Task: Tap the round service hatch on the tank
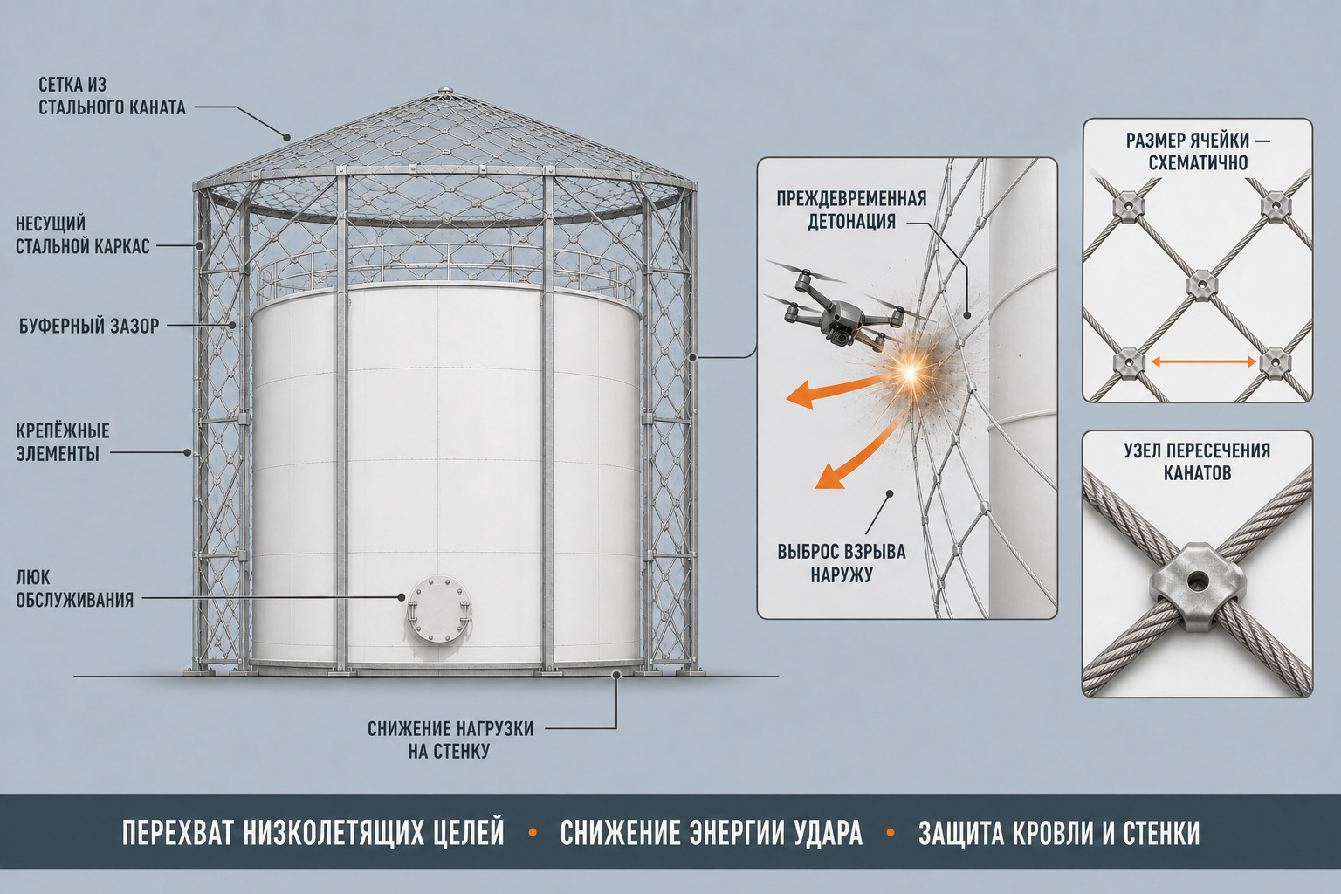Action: click(x=439, y=611)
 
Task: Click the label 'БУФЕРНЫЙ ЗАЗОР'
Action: click(x=89, y=327)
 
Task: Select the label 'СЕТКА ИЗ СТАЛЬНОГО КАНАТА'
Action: click(x=112, y=96)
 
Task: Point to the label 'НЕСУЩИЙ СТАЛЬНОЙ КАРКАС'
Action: click(x=83, y=235)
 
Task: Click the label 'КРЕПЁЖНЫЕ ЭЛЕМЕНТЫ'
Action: click(x=62, y=442)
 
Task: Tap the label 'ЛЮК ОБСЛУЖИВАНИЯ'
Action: click(x=75, y=588)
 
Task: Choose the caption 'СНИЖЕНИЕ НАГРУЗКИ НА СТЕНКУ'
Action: click(x=450, y=739)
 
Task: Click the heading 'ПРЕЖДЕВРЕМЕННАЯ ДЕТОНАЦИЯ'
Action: click(x=851, y=210)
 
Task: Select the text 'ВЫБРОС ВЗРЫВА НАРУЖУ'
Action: click(x=841, y=563)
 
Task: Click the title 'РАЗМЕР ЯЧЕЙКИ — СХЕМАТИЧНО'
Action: click(x=1198, y=152)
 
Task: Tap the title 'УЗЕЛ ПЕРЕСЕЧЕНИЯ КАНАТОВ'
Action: click(x=1197, y=462)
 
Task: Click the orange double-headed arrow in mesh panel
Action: click(x=1204, y=361)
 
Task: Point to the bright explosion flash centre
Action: click(x=911, y=373)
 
